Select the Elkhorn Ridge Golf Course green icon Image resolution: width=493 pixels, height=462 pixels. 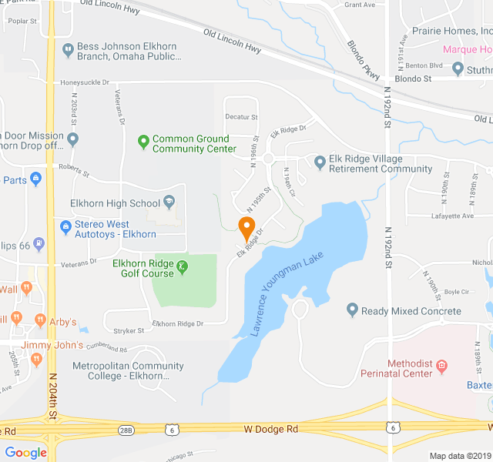[x=183, y=267]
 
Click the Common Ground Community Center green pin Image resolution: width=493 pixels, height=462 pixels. [x=143, y=141]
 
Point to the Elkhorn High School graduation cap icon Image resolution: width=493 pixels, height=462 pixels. [x=169, y=203]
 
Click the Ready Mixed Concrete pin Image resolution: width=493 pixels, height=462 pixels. [x=352, y=310]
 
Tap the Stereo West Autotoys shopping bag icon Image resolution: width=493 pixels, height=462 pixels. [x=66, y=227]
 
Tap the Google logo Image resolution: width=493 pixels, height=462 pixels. [x=25, y=452]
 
